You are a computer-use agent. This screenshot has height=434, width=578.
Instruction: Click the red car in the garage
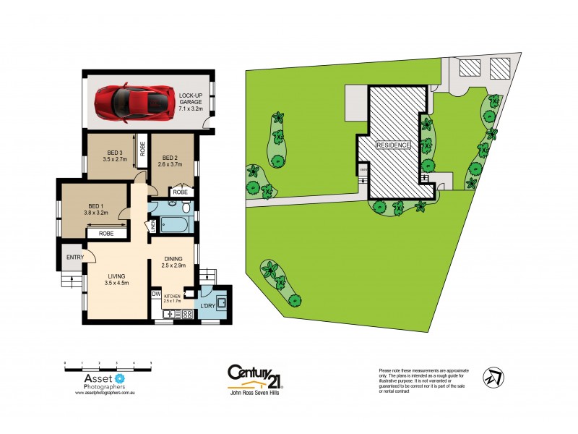coord(133,101)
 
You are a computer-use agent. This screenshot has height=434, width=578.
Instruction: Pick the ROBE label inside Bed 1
coord(105,234)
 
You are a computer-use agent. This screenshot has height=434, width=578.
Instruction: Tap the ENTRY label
coord(74,258)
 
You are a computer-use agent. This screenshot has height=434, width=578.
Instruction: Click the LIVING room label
coord(116,280)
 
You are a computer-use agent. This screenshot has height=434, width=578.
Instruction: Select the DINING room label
coord(172,263)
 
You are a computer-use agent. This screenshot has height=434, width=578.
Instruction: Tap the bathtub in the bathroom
coord(174,225)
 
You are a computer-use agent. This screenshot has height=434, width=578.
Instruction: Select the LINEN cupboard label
coord(153,226)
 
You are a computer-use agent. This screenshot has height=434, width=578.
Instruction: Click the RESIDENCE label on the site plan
coord(393,145)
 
